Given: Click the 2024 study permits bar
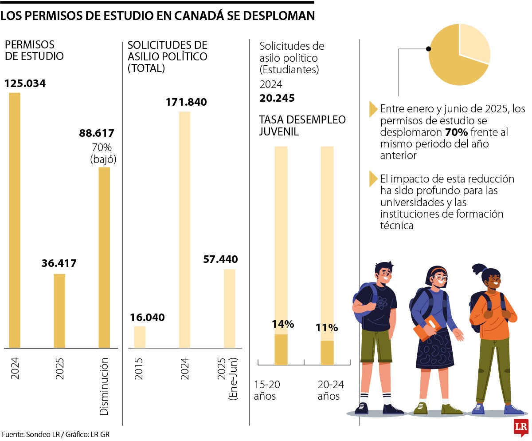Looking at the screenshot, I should (15, 220).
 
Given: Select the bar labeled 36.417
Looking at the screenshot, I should (59, 310).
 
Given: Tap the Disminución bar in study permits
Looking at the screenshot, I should (104, 257).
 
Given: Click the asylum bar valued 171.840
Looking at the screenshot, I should (185, 229).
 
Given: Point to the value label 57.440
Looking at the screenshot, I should (220, 259).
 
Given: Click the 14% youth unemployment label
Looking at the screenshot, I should (283, 324).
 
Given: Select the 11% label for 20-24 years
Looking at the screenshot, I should (327, 328).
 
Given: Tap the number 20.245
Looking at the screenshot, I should (277, 98).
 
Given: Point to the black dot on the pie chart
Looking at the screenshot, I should (428, 49).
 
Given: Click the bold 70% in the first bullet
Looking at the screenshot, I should (456, 132).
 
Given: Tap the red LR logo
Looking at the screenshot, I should (520, 427).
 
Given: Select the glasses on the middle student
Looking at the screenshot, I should (438, 278).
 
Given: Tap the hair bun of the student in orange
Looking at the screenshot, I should (479, 269).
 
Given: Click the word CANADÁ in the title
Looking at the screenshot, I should (196, 16).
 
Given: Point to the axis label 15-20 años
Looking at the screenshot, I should (267, 390).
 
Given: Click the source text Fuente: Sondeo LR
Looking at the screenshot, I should (28, 434).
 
